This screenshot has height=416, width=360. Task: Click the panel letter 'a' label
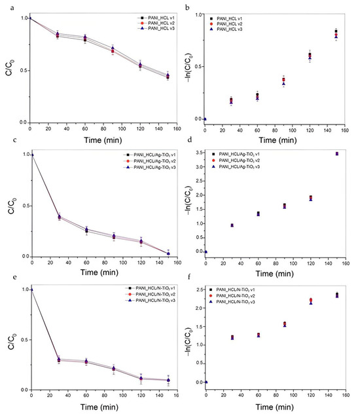tap(4, 5)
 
